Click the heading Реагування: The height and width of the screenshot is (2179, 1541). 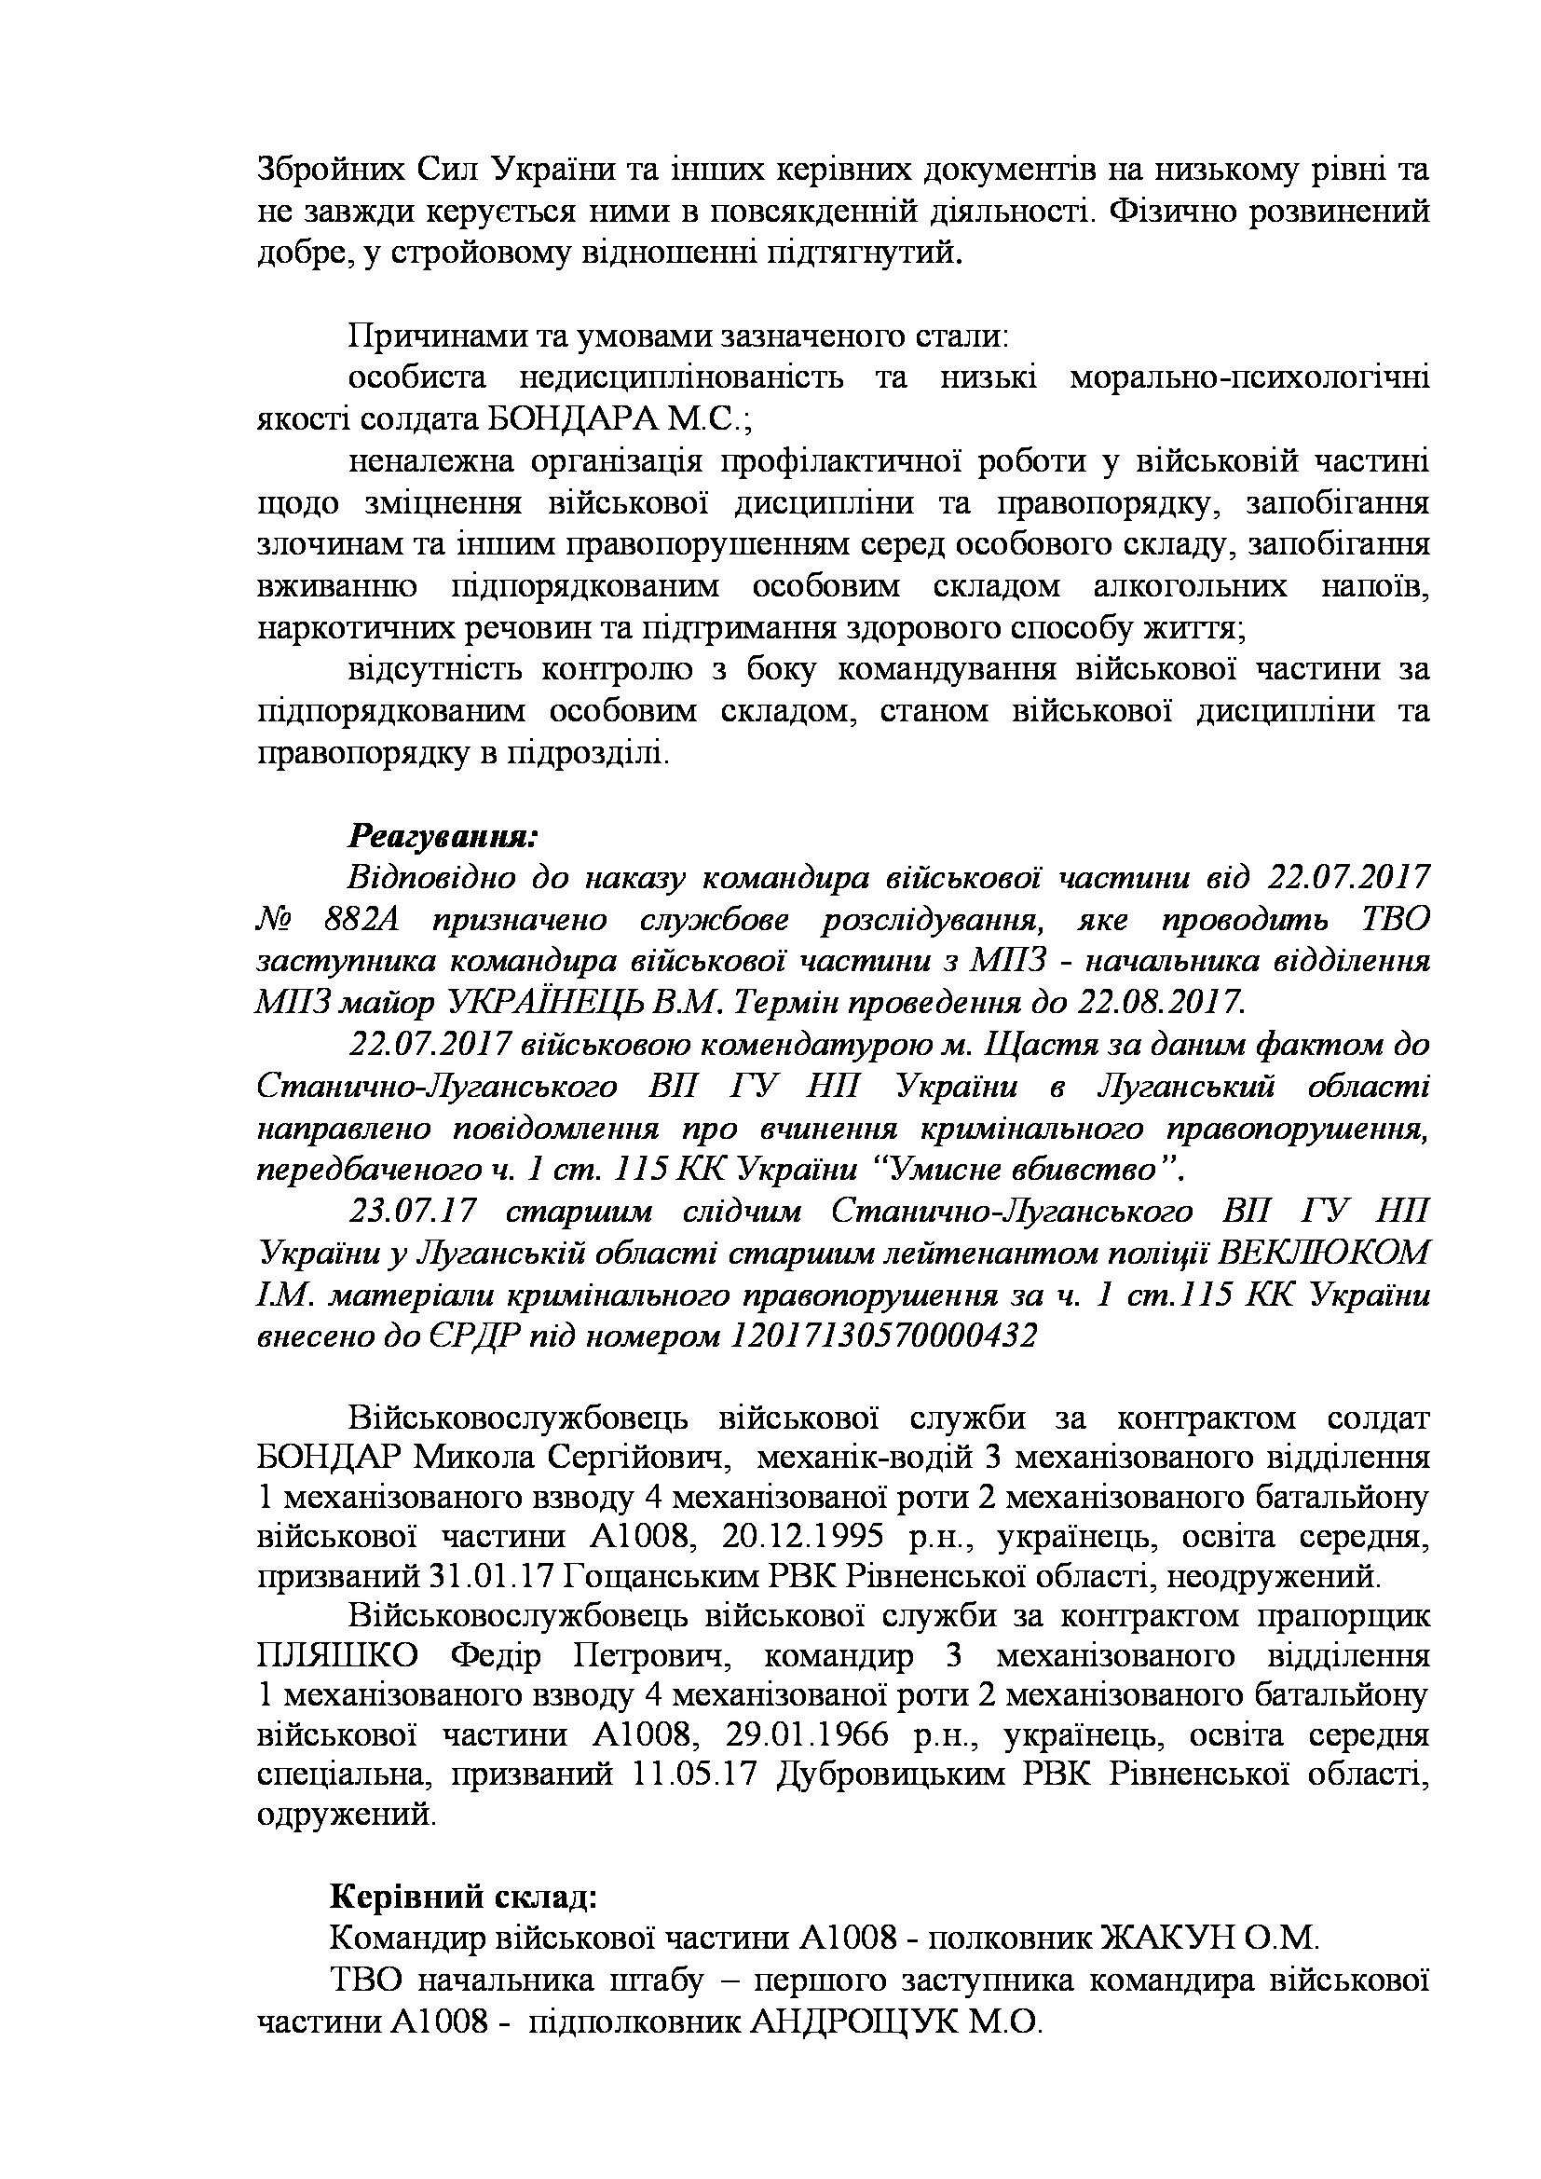(443, 836)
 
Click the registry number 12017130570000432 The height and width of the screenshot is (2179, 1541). (882, 1336)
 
